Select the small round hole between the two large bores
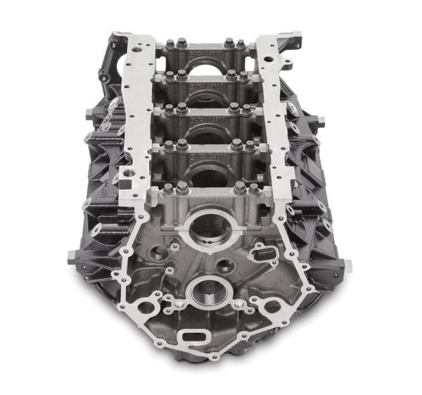pyautogui.click(x=226, y=266)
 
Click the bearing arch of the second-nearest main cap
pyautogui.click(x=207, y=173)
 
